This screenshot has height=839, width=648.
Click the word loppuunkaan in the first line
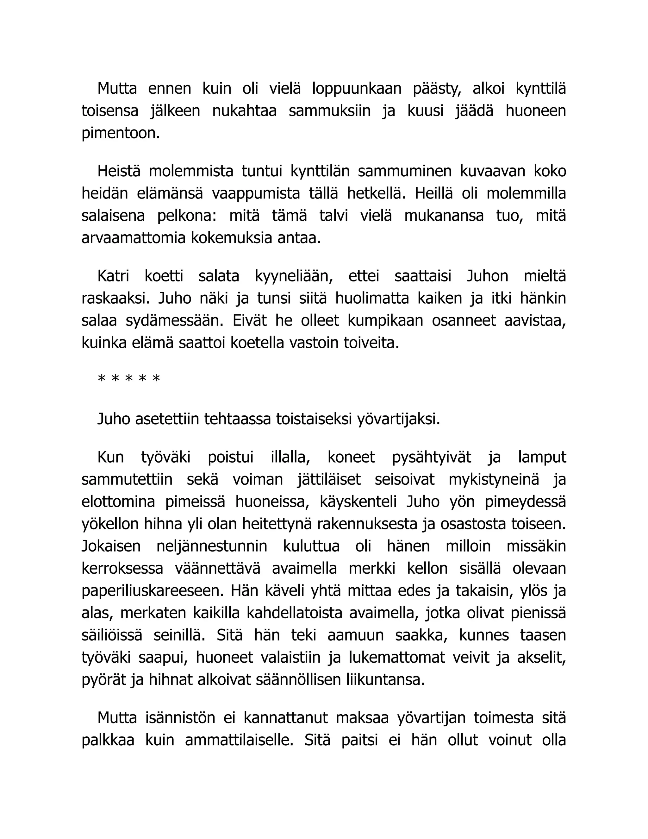(357, 89)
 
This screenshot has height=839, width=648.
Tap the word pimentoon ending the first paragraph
(120, 133)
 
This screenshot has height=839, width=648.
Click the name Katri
(113, 276)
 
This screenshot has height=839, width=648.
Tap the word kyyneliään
(294, 276)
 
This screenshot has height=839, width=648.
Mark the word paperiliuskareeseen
(153, 591)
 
